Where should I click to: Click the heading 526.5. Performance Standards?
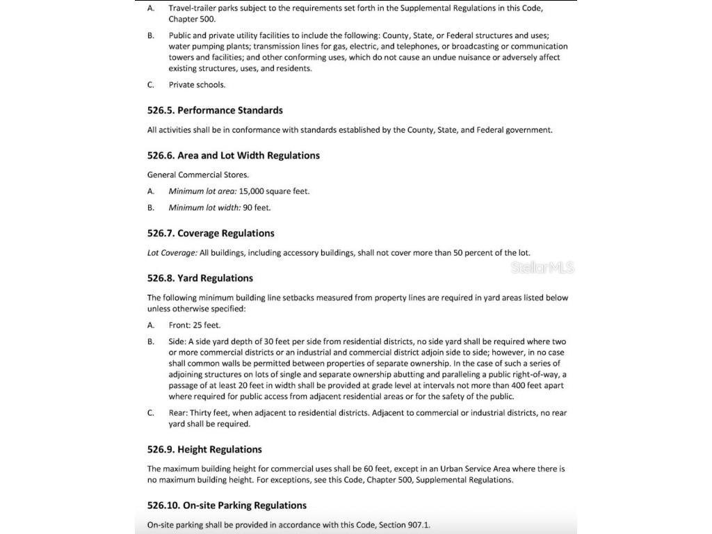pyautogui.click(x=215, y=111)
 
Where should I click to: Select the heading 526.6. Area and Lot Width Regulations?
pyautogui.click(x=234, y=156)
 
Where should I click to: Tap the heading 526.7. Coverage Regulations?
pyautogui.click(x=211, y=234)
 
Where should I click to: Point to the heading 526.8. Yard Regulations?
pyautogui.click(x=200, y=278)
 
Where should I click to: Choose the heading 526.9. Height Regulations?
pyautogui.click(x=204, y=450)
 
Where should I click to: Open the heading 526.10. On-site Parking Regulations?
pyautogui.click(x=227, y=505)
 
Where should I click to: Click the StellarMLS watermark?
pyautogui.click(x=542, y=268)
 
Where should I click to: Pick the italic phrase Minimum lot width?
pyautogui.click(x=204, y=208)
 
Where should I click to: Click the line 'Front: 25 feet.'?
pyautogui.click(x=195, y=325)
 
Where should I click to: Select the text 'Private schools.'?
pyautogui.click(x=197, y=85)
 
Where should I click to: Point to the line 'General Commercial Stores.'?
pyautogui.click(x=197, y=175)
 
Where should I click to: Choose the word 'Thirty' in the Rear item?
pyautogui.click(x=202, y=413)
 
